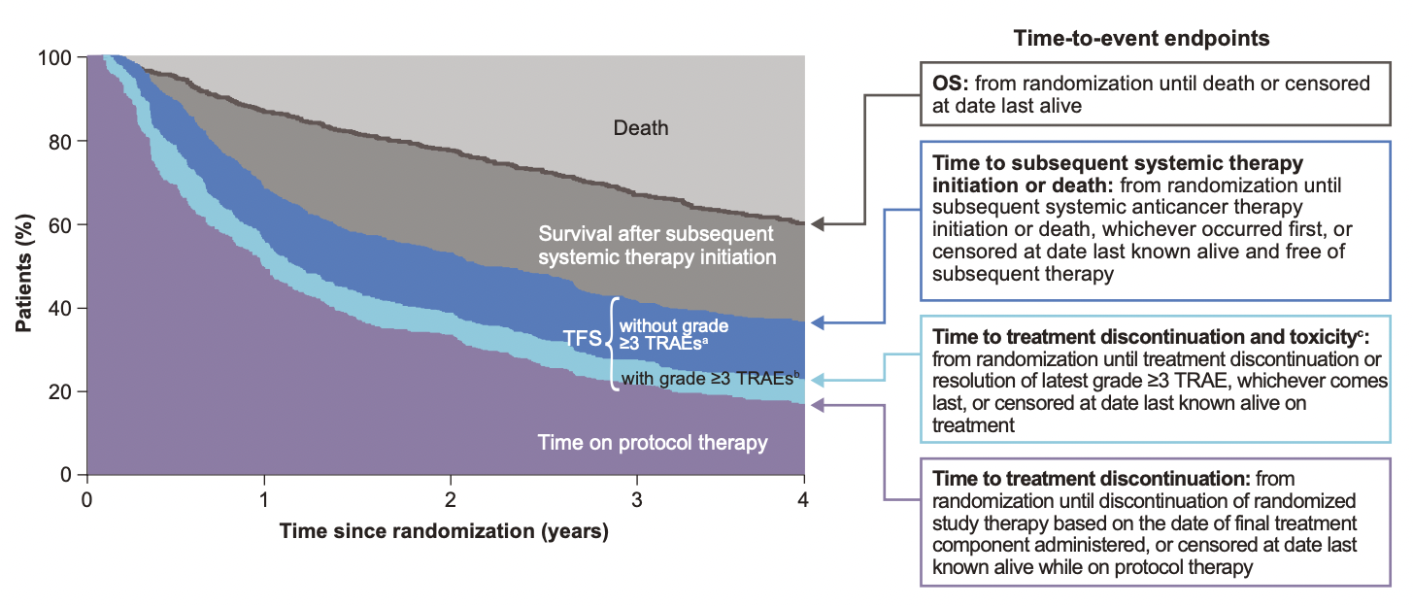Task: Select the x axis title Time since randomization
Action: (x=444, y=532)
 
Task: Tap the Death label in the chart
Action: (x=640, y=127)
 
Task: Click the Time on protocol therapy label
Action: (x=653, y=443)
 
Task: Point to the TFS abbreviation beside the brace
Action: (x=582, y=339)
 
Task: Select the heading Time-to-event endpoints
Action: (x=1142, y=38)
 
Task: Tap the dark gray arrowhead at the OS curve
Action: (x=818, y=224)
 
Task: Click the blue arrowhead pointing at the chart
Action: (x=818, y=322)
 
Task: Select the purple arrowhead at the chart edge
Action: (x=818, y=404)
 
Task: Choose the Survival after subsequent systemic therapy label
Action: (x=657, y=246)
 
